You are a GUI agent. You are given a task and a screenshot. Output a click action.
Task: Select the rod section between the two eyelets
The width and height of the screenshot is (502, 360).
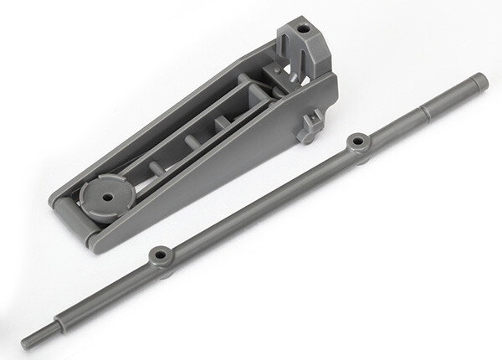(x=259, y=199)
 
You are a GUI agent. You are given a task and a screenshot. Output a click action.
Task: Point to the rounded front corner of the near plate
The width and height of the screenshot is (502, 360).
(x=90, y=243)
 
